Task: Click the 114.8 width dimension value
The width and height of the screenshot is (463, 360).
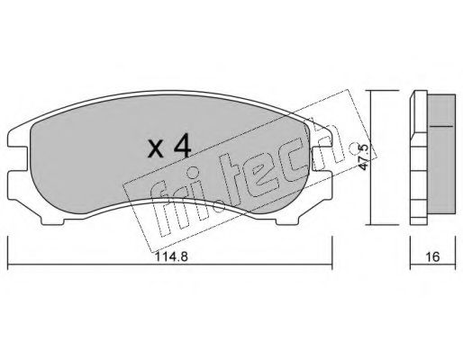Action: pyautogui.click(x=171, y=256)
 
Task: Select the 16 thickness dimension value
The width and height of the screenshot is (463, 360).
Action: pyautogui.click(x=432, y=256)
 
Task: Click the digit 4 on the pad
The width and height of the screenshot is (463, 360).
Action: pyautogui.click(x=182, y=146)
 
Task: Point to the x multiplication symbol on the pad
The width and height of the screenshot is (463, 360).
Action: pyautogui.click(x=156, y=149)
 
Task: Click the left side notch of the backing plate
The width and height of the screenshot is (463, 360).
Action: pyautogui.click(x=18, y=158)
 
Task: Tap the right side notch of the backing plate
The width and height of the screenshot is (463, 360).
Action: pyautogui.click(x=322, y=158)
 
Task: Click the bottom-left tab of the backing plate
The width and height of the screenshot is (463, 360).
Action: pyautogui.click(x=52, y=220)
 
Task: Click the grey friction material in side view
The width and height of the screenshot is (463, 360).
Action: pyautogui.click(x=441, y=154)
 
